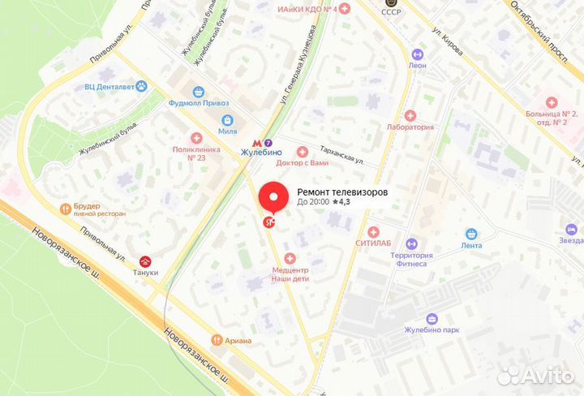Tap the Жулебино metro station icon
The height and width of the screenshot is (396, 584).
[x=261, y=136]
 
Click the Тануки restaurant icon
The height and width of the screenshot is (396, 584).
[x=147, y=261]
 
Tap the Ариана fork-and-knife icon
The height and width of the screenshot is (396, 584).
[x=217, y=340]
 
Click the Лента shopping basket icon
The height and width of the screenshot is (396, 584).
[x=470, y=234]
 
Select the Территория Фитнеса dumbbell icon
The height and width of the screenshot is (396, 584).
[x=410, y=243]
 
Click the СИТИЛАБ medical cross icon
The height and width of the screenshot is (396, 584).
[x=372, y=230]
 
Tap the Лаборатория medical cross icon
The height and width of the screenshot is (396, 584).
[x=410, y=116]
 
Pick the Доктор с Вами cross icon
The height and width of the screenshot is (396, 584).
[x=303, y=151]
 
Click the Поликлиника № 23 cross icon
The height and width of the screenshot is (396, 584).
[x=195, y=138]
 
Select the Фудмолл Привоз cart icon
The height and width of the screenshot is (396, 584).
[x=198, y=92]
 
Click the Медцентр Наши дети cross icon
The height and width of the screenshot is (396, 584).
[x=290, y=257]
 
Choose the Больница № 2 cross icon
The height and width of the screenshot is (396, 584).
[x=552, y=102]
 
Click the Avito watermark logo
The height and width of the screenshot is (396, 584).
[x=536, y=374]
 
